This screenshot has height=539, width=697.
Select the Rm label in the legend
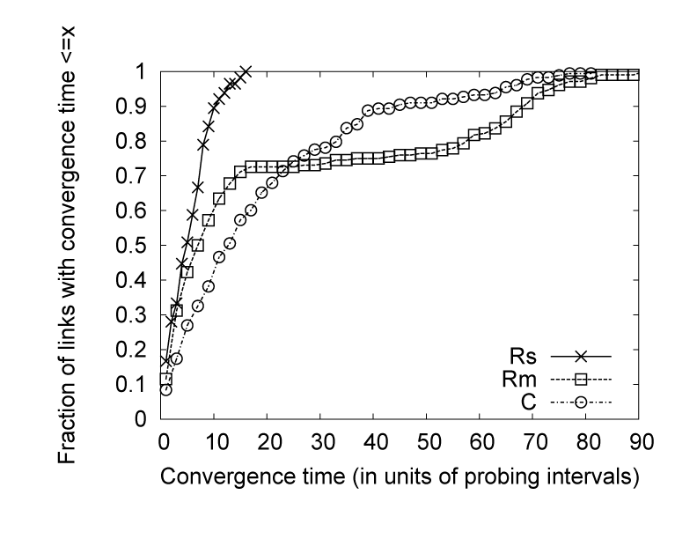point(524,380)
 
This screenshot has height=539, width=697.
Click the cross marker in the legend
point(581,357)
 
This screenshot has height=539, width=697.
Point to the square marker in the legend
point(581,380)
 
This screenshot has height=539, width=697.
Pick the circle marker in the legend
point(581,404)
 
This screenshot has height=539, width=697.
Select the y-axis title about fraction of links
point(75,243)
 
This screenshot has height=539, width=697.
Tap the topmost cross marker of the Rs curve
point(246,71)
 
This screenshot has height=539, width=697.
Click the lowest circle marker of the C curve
point(165,389)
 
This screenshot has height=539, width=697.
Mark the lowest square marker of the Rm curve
point(165,379)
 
